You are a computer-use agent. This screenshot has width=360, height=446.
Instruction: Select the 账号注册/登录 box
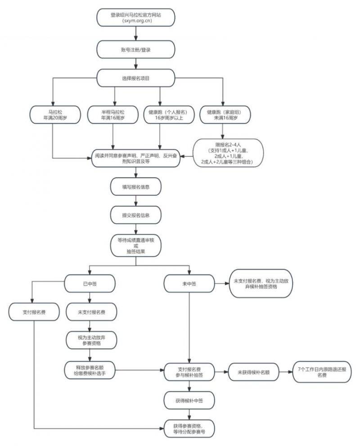pyautogui.click(x=136, y=50)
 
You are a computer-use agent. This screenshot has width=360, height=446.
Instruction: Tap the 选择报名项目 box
pyautogui.click(x=136, y=78)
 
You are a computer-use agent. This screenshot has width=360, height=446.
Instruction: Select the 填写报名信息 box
pyautogui.click(x=136, y=186)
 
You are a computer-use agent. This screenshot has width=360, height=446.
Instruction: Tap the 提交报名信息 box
pyautogui.click(x=136, y=215)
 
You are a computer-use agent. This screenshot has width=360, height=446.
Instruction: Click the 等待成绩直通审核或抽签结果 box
pyautogui.click(x=136, y=246)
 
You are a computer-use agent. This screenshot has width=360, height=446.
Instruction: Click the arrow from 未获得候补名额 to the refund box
pyautogui.click(x=284, y=372)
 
